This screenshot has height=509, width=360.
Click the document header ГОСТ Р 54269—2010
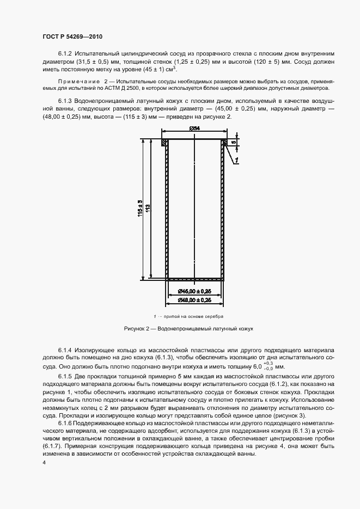coord(72,36)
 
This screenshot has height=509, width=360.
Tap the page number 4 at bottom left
coord(43,462)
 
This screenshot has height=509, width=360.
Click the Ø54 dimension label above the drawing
coord(194,128)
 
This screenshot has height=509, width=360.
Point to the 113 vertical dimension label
coord(148,207)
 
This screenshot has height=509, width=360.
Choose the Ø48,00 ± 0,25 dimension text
coord(194,300)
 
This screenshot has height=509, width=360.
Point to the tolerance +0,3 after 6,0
coord(267,363)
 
